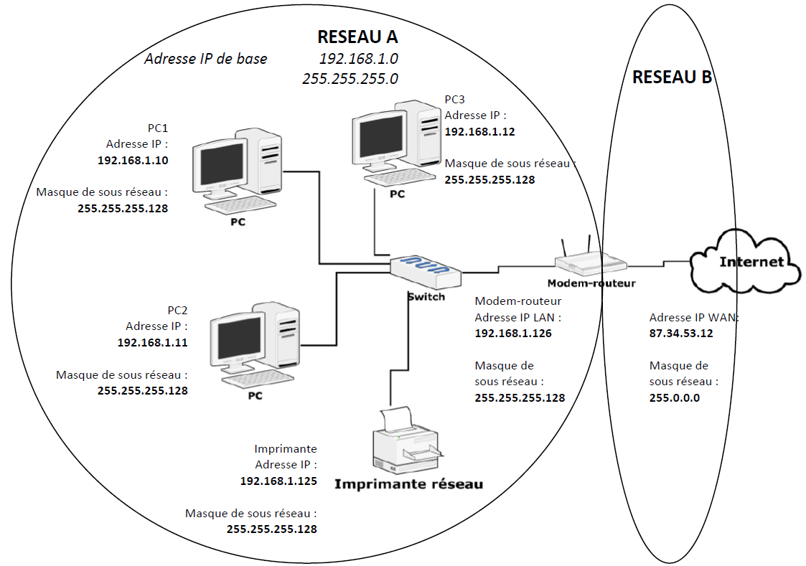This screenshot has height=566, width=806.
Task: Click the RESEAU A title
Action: [x=357, y=37]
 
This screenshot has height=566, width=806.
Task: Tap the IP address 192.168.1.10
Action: [x=133, y=161]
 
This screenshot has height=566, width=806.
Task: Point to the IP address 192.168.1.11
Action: [x=152, y=343]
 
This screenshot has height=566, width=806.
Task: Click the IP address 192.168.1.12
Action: [x=479, y=132]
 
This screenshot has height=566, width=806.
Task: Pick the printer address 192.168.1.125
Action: [x=278, y=481]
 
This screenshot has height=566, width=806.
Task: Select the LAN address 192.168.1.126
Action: [x=513, y=333]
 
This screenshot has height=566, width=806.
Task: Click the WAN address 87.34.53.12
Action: [x=680, y=333]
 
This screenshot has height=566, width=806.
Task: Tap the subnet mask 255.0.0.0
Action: [x=674, y=397]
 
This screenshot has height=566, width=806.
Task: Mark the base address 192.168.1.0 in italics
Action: [x=358, y=58]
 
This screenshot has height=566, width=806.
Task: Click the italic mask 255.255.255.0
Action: [x=350, y=79]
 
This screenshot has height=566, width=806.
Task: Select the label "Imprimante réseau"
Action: [x=408, y=484]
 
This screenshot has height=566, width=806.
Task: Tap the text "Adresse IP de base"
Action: [x=205, y=59]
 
